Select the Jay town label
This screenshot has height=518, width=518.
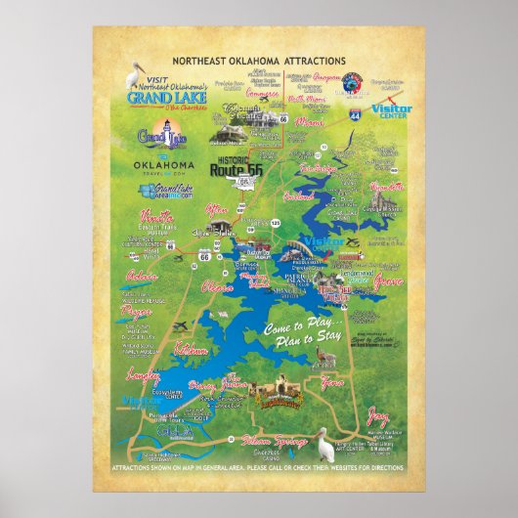376,413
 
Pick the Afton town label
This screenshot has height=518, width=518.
217,208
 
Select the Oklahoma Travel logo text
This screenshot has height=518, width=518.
163,167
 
